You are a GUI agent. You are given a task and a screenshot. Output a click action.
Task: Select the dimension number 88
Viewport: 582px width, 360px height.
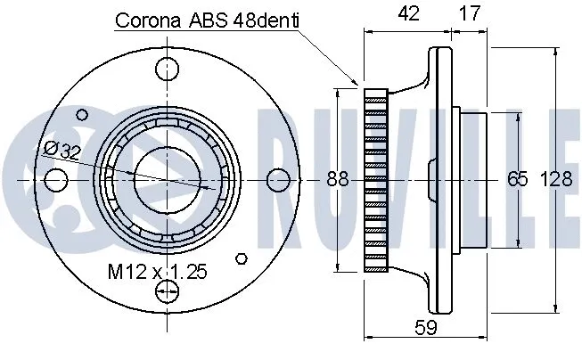tap(336, 178)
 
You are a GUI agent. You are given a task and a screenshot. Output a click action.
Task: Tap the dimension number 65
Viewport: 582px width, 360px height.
tap(517, 178)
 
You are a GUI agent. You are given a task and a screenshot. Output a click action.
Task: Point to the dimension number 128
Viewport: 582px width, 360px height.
tap(556, 178)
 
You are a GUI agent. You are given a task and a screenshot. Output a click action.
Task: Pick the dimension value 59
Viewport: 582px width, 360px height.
tap(426, 328)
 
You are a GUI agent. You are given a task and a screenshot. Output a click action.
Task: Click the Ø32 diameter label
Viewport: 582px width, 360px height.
tap(60, 151)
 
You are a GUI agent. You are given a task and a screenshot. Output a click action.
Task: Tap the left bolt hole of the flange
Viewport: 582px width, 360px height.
tap(55, 179)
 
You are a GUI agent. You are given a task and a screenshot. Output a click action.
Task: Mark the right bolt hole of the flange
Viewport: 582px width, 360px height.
tap(278, 179)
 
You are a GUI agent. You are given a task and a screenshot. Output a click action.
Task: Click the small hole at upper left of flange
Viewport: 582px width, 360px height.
tap(83, 114)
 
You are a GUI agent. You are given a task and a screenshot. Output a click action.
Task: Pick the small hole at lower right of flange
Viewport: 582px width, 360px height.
tap(241, 258)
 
